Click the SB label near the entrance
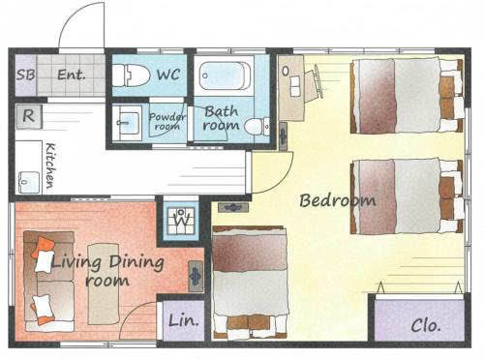[x=25, y=75]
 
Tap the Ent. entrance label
[x=71, y=75]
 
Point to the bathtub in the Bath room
[x=225, y=76]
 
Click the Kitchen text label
[x=48, y=165]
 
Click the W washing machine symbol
[x=180, y=222]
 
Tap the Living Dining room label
[x=106, y=270]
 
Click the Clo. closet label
[x=424, y=324]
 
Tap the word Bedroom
[x=337, y=201]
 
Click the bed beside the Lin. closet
[x=249, y=281]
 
